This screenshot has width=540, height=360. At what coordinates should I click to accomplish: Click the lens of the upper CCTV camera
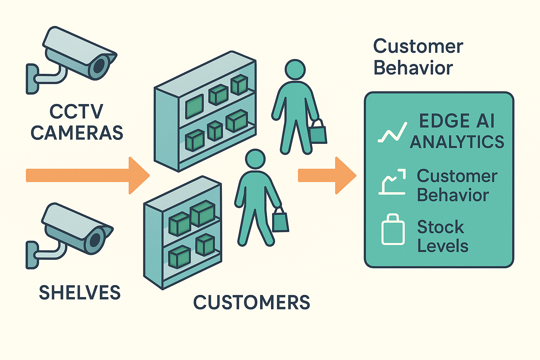point(99,66)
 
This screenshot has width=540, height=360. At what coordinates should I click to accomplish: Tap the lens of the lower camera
point(95,240)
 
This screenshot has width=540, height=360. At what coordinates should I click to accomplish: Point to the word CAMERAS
point(77,133)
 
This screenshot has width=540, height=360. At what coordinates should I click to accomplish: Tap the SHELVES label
point(79,292)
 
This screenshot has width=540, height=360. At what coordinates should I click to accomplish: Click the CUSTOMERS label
point(252,302)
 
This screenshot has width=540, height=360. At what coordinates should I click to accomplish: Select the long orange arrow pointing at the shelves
point(88,175)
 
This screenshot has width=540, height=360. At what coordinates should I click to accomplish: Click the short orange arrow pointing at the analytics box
point(327,175)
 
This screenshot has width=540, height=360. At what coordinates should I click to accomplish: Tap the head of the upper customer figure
point(295,70)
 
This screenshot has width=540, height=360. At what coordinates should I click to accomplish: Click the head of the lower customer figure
point(255,159)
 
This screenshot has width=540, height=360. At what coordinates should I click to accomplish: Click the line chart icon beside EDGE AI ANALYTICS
point(392,132)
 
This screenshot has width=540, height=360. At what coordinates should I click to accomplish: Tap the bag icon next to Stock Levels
point(393,229)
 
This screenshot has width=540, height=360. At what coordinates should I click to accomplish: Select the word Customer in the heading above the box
point(418,46)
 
